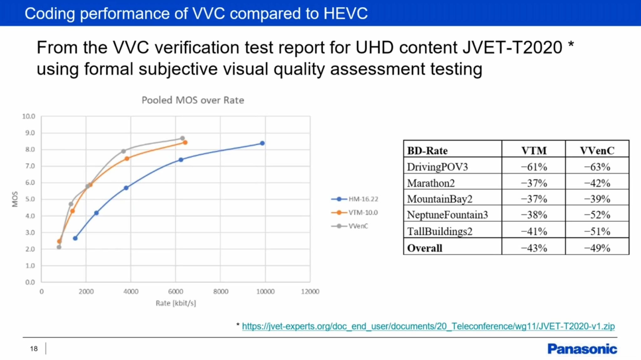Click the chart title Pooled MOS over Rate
click(x=193, y=100)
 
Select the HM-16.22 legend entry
click(x=363, y=199)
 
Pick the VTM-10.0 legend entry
click(x=363, y=213)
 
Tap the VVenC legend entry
click(x=358, y=226)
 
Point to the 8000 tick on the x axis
click(x=221, y=292)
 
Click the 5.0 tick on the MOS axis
click(x=30, y=199)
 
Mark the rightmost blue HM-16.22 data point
click(x=262, y=143)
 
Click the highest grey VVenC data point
click(x=182, y=138)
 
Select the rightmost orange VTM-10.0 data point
click(x=185, y=142)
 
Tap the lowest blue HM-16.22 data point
click(x=75, y=238)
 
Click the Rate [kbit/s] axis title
click(x=176, y=303)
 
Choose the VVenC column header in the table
click(x=597, y=151)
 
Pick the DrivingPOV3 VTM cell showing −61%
click(x=534, y=167)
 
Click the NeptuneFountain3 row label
click(x=447, y=215)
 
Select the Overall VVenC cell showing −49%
click(x=597, y=248)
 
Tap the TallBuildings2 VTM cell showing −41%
click(x=534, y=231)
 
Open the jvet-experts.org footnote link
click(x=428, y=326)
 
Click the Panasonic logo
click(x=582, y=349)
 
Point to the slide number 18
click(x=34, y=349)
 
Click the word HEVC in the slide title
click(x=346, y=13)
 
